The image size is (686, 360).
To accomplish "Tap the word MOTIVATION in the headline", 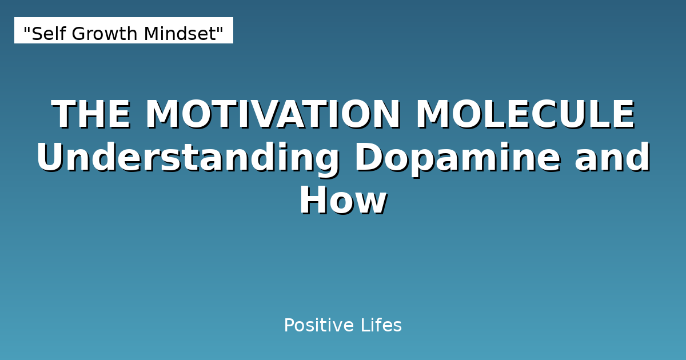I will [x=273, y=115].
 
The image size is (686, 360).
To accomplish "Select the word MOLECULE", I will [x=525, y=115].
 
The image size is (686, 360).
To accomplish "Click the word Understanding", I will [x=188, y=159].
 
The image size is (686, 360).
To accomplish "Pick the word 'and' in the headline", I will [x=612, y=158].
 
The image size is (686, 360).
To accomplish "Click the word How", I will [x=343, y=201].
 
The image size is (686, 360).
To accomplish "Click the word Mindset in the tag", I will [x=180, y=34].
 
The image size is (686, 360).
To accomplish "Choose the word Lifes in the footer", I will [x=381, y=326].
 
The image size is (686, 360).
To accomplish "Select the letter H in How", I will [x=313, y=201].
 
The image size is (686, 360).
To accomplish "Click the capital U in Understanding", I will [x=50, y=159].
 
